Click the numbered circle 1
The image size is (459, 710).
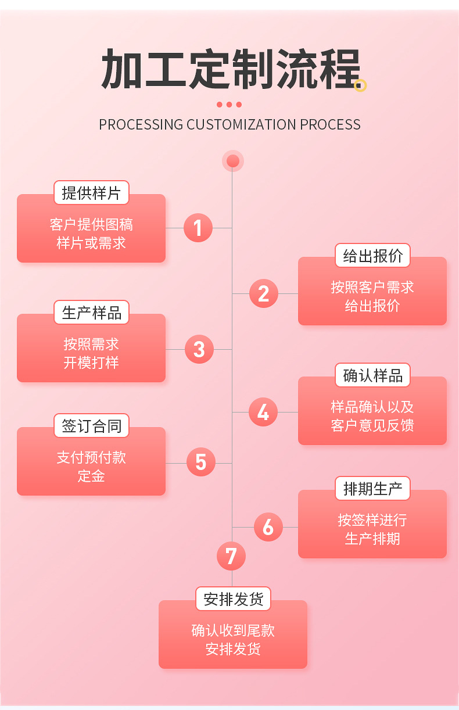point(198,228)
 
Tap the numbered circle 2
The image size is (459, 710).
point(264,293)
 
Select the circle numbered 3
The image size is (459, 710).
point(199,349)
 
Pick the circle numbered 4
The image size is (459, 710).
point(263,412)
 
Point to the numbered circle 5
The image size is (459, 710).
point(201,462)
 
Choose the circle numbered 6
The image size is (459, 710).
point(268,527)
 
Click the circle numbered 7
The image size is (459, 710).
point(231,556)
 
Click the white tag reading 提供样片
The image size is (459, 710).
point(91,192)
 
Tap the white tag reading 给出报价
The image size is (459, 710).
point(372,256)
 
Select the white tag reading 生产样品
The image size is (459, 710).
point(91,313)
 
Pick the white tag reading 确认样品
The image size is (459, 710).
point(372,375)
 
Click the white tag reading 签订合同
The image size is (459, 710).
point(91,426)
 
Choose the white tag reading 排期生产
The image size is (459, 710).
point(372,489)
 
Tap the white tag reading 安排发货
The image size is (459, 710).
point(233,598)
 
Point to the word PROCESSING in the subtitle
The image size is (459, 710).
point(141,125)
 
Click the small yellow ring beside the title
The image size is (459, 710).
point(360,86)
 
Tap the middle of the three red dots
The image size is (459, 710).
point(229,105)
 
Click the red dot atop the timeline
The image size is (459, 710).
point(233,161)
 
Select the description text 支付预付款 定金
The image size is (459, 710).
point(91,467)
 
